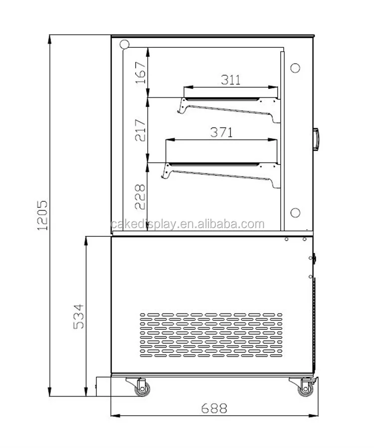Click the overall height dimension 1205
pyautogui.click(x=42, y=215)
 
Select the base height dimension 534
pyautogui.click(x=79, y=316)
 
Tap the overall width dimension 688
pyautogui.click(x=214, y=409)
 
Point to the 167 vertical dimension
pyautogui.click(x=141, y=73)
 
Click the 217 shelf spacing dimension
pyautogui.click(x=140, y=130)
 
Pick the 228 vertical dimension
pyautogui.click(x=140, y=197)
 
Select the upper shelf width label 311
pyautogui.click(x=230, y=80)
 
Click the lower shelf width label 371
pyautogui.click(x=221, y=132)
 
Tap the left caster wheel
pyautogui.click(x=142, y=388)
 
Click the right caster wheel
pyautogui.click(x=305, y=389)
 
